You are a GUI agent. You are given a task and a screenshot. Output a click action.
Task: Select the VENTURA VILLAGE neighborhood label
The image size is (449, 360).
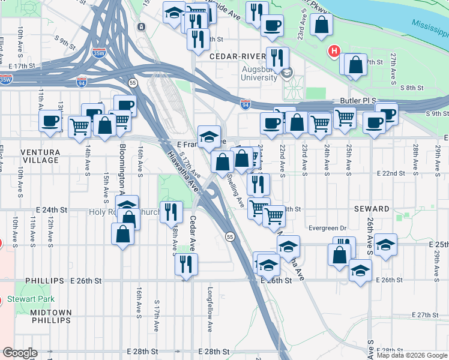coord(40,156)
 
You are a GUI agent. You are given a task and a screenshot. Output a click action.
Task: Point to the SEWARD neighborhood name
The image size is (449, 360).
coord(372,209)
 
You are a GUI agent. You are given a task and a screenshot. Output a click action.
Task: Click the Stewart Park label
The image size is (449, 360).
coord(31,299)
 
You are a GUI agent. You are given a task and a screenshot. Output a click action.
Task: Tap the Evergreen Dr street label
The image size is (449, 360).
coord(327,229)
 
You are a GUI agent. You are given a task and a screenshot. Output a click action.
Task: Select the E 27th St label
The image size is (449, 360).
coord(427,315)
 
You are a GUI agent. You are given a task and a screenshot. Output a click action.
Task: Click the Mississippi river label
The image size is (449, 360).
coord(429,27)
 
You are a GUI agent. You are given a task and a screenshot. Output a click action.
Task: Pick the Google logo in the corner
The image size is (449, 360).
coord(19,353)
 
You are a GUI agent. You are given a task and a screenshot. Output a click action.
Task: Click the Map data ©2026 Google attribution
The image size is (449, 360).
coord(412,356)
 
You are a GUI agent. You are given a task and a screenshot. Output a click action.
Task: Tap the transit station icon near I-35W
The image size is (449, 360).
coord(140,27)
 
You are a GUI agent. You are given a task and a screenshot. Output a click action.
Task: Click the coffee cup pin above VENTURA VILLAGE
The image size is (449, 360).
coord(49,120)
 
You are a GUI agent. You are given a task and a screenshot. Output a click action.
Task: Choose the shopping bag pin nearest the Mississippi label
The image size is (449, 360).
coord(322,25)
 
